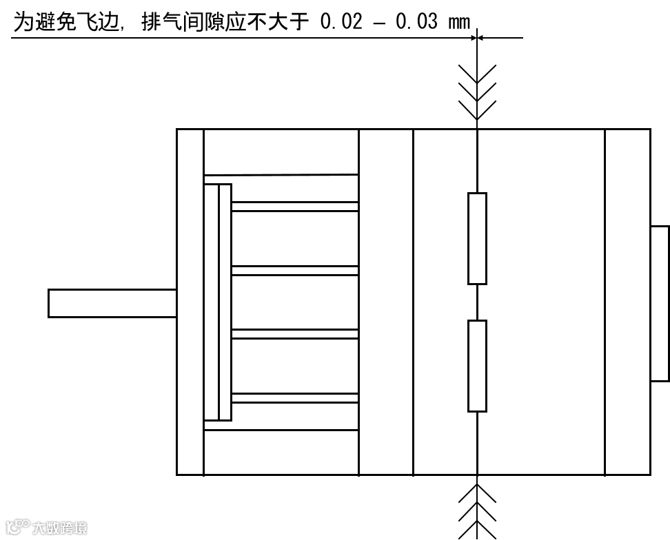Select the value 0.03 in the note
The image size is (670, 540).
coord(416,21)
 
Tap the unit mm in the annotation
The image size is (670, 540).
coord(458,23)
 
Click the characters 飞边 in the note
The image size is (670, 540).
coord(95,21)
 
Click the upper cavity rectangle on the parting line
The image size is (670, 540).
coord(477,238)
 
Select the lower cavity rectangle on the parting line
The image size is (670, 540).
coord(477,366)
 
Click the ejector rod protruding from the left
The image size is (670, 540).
coord(112,303)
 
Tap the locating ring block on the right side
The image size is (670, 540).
coord(660,303)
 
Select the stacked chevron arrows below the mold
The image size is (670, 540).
coord(477,510)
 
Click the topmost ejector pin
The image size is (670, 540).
coord(294,206)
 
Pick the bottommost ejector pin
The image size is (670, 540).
coord(294,397)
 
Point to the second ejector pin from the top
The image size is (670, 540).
coord(294,270)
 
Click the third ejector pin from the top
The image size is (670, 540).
coord(294,334)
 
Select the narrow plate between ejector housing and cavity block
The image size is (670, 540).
coord(385,302)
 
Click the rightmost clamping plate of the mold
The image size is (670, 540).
coord(627,302)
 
